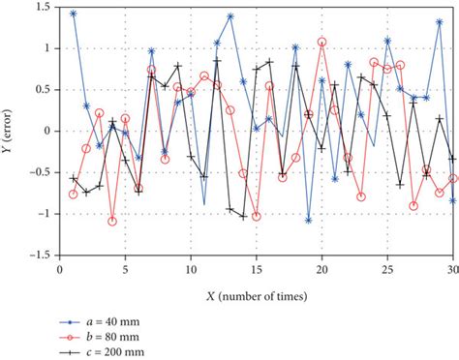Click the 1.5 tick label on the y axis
(45, 7)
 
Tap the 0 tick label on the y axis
(49, 131)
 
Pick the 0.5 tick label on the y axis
(45, 89)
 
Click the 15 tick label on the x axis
(256, 266)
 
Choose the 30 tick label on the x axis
(452, 266)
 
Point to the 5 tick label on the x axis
(125, 266)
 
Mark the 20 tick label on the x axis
(321, 266)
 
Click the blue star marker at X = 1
(74, 14)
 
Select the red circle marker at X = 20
(321, 42)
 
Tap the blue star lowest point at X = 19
(309, 220)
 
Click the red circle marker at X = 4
(112, 221)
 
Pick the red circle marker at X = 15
(257, 216)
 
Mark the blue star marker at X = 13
(230, 16)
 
